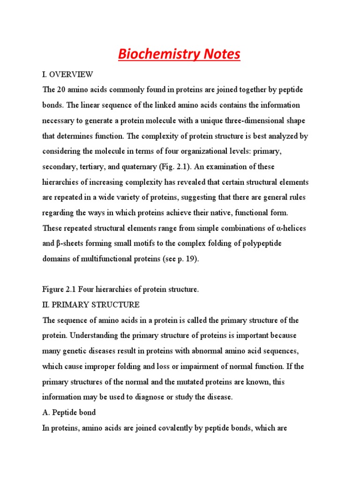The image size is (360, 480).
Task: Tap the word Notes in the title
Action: pyautogui.click(x=221, y=54)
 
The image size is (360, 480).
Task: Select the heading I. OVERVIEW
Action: pyautogui.click(x=68, y=75)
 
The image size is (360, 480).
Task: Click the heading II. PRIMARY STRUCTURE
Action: pyautogui.click(x=91, y=305)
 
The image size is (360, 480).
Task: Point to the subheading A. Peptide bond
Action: pyautogui.click(x=70, y=412)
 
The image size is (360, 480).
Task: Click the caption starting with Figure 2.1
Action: pyautogui.click(x=120, y=290)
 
